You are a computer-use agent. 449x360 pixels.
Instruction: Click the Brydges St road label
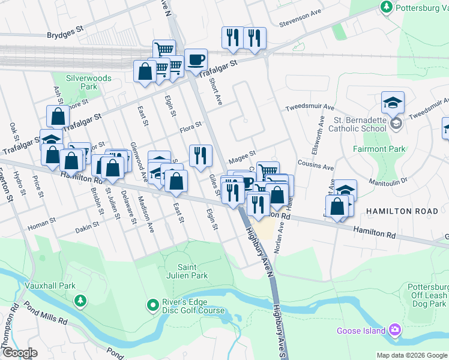pos(65,35)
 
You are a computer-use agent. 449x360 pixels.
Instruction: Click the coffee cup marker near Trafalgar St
pos(196,60)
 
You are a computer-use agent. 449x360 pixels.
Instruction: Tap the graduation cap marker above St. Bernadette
pos(393,103)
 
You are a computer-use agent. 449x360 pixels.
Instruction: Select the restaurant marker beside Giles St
pos(200,156)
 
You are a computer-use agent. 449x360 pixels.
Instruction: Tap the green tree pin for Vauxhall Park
pos(79,299)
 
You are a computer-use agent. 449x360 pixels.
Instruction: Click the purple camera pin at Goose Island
pos(394,329)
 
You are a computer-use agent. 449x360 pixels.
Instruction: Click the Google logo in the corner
pos(20,352)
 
